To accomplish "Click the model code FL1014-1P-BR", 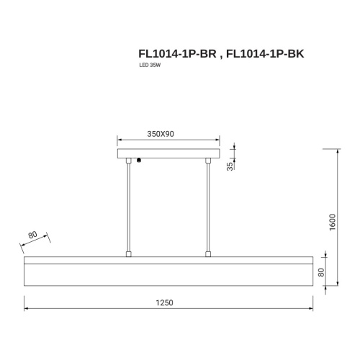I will [x=176, y=53].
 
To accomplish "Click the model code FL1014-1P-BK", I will [x=260, y=53].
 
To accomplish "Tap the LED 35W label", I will [x=149, y=66].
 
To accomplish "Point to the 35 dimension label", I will [x=230, y=166].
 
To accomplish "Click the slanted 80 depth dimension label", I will [x=32, y=235].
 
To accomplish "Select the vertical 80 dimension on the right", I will [x=321, y=273].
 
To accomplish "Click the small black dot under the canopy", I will [x=140, y=161].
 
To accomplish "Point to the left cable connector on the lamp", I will [x=128, y=253].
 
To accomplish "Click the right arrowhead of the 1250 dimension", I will [x=310, y=310].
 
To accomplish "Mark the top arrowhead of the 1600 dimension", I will [x=338, y=151].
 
